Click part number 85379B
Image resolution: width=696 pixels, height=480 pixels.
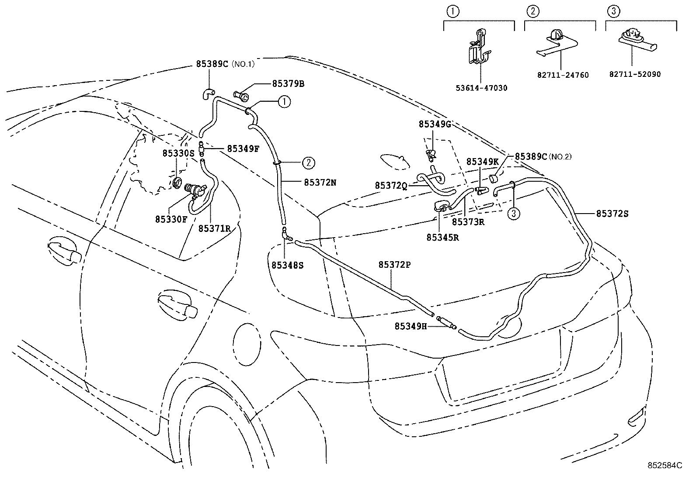click(x=288, y=83)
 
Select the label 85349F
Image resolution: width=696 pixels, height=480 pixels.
click(x=243, y=148)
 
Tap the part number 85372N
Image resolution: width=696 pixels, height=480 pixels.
click(x=320, y=183)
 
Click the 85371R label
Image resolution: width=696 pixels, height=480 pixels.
click(x=214, y=228)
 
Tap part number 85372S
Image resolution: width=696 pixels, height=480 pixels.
click(x=612, y=214)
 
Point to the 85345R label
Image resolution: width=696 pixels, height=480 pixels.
click(x=442, y=238)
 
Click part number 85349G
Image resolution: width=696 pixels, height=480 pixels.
click(x=435, y=124)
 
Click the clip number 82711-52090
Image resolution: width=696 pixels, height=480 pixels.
click(x=635, y=74)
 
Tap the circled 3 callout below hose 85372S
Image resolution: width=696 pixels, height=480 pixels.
click(x=514, y=214)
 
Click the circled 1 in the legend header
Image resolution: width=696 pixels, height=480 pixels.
click(x=452, y=12)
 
